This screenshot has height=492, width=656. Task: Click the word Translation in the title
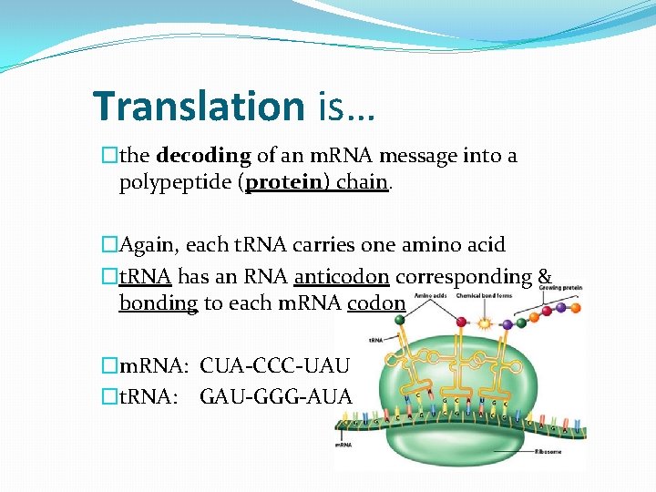pos(199,107)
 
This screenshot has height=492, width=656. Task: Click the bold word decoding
pos(203,156)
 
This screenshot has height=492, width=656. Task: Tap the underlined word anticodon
pos(342,276)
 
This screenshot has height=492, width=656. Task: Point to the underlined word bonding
pos(158,302)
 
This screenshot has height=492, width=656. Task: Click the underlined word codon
pos(375,302)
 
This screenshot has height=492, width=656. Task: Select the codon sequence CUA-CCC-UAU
pos(274,366)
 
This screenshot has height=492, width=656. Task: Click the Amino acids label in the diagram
pos(432,296)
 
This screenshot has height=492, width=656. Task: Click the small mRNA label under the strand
pos(343,445)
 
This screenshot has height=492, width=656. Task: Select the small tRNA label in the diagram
pos(375,339)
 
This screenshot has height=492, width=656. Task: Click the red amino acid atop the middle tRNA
pos(462,322)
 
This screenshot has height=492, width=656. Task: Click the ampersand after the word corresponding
pos(545,276)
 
